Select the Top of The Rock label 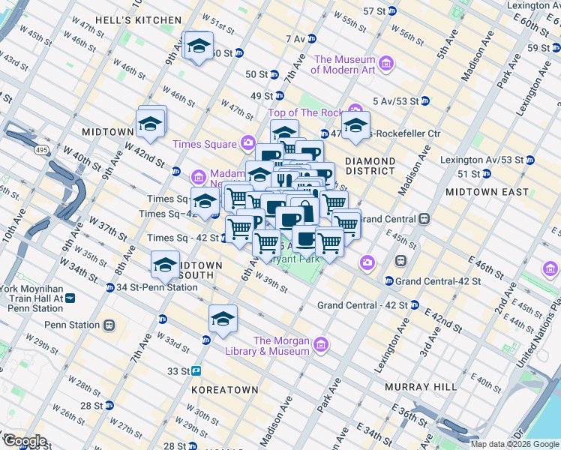pos(305,112)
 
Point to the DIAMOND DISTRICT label pos(370,166)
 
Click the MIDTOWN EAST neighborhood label pos(487,192)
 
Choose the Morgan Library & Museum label pos(281,345)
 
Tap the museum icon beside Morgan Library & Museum pos(321,345)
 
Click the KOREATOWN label pos(224,390)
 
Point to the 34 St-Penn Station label pos(157,287)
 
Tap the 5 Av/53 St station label pos(397,100)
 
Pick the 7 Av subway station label pos(295,38)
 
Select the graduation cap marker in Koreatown pos(223,319)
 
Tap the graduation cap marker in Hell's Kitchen pos(198,47)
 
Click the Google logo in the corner pos(25,441)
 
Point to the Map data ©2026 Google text pos(514,444)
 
